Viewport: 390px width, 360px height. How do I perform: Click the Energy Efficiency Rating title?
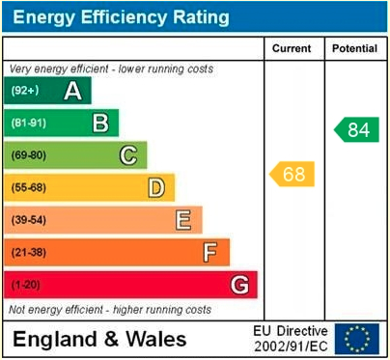coord(120,17)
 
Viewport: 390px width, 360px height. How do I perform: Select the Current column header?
coord(292,48)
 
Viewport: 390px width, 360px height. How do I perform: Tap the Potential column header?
coord(354,48)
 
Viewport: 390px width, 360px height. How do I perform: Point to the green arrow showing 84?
coord(356,129)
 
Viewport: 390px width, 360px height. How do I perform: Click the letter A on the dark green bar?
coord(71,91)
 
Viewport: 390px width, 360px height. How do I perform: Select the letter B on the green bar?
coord(99,123)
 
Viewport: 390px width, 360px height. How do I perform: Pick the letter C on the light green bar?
coord(127,154)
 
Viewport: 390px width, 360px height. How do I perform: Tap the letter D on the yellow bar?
coord(155,187)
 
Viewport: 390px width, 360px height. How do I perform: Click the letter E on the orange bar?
coord(182,220)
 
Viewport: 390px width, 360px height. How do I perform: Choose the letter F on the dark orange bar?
coord(209,252)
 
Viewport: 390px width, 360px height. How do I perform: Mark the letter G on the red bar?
coord(238,285)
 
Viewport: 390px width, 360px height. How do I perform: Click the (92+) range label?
coord(25,91)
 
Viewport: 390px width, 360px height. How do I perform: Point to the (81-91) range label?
coord(28,123)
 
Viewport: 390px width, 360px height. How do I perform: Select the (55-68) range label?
coord(28,187)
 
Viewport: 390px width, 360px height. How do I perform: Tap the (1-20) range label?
coord(26,285)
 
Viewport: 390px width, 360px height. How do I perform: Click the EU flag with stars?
coord(357,338)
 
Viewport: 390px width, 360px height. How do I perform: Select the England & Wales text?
coord(99,339)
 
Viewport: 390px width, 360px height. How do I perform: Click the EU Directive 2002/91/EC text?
coord(290,338)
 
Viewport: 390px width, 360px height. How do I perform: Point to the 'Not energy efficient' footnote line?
coord(109,310)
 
